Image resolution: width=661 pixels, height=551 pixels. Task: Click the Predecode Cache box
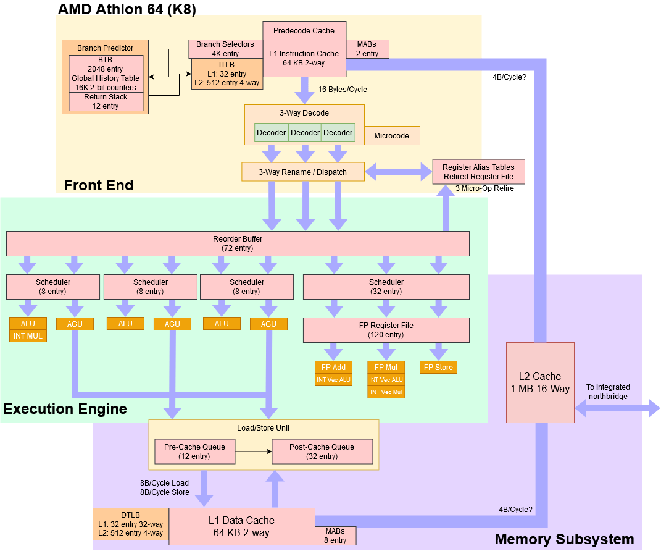[304, 31]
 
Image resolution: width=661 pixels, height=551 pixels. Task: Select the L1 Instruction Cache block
[304, 59]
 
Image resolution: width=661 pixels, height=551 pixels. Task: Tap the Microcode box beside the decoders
[391, 135]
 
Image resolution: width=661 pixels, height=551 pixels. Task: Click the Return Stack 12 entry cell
[106, 101]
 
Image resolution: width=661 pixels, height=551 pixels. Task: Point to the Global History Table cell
[106, 83]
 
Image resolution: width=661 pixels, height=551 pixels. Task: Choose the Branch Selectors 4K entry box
[225, 49]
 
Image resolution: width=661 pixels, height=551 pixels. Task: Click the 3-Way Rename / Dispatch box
[302, 172]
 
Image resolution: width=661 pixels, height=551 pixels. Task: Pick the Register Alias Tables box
[478, 172]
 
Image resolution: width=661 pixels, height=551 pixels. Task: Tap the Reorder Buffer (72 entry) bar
[238, 243]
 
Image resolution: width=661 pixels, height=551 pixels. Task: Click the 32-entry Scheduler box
[386, 287]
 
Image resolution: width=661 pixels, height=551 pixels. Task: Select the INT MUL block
[28, 336]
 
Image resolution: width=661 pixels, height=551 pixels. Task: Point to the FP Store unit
[438, 368]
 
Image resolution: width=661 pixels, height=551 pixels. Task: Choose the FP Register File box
[386, 330]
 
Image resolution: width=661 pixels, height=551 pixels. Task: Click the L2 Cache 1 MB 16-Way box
[540, 382]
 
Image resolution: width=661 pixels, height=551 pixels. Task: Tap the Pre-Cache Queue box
[194, 452]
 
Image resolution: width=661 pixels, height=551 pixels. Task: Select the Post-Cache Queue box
[322, 452]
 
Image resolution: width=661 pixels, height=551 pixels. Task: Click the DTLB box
[130, 524]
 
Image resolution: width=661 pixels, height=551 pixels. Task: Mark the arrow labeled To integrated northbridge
[617, 408]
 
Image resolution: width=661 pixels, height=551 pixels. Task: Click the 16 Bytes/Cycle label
[343, 90]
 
